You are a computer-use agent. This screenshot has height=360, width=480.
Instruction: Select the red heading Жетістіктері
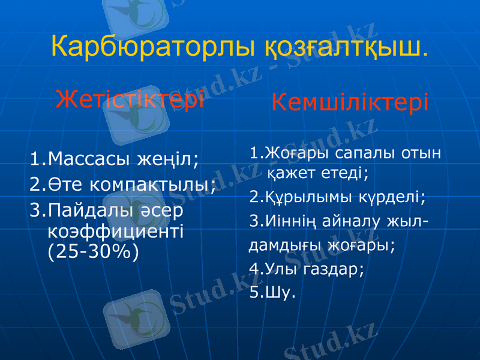tap(130, 99)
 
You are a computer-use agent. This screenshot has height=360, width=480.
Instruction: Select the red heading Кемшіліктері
tap(350, 103)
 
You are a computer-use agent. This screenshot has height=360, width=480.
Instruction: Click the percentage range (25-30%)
tap(92, 250)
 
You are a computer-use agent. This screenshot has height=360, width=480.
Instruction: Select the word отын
tap(419, 152)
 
